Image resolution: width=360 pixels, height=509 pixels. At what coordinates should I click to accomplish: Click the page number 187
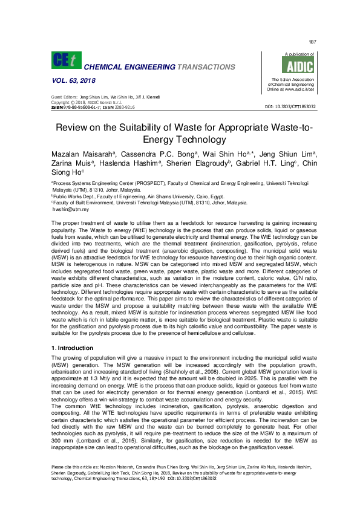point(312,42)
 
